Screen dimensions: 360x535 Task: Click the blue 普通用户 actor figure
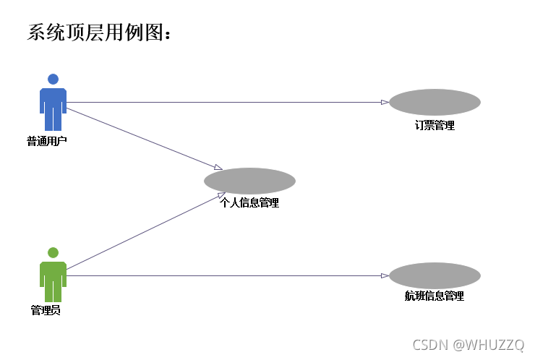coord(53,106)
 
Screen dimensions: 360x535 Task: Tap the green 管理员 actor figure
coord(53,279)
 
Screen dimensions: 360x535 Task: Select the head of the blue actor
coord(53,79)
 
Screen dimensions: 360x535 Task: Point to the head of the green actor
coord(53,252)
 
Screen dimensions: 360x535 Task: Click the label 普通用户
coord(47,141)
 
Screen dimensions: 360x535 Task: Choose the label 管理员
coord(46,310)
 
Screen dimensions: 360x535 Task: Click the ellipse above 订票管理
coord(435,102)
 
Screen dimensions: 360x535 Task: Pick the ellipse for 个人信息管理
coord(249,181)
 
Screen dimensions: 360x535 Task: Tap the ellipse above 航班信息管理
coord(435,275)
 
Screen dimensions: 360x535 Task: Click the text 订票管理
coord(435,125)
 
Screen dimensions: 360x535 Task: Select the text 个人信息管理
coord(249,203)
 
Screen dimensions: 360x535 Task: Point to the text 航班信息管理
coord(434,296)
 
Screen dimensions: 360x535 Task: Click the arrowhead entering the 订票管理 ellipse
coord(385,102)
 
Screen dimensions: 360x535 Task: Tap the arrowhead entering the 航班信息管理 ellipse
coord(385,275)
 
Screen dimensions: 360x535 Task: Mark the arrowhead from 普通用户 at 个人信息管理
coord(218,168)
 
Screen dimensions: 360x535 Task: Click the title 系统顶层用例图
coord(100,33)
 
